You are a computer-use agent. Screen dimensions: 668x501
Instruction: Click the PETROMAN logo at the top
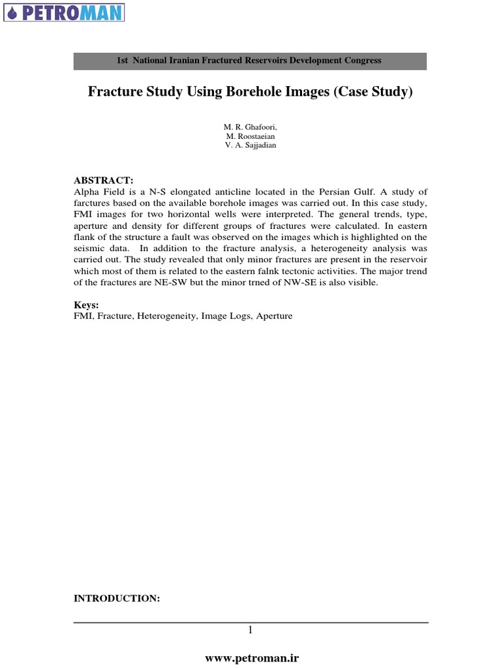pos(63,12)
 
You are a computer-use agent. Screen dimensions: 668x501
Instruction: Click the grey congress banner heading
pos(250,60)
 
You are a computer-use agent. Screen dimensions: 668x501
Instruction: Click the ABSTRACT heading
pos(103,180)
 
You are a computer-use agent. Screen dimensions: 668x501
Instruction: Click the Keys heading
pos(86,305)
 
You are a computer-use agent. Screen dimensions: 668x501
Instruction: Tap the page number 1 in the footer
pos(250,630)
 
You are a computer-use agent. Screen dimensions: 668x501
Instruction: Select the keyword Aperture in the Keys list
pos(274,316)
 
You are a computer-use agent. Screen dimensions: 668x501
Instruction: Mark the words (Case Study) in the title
pos(372,93)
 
